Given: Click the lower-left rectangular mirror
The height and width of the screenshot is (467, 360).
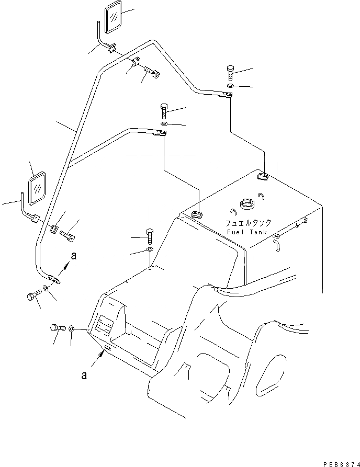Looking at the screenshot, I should coord(37,191).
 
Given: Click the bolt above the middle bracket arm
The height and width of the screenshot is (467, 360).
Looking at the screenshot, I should coord(163,111).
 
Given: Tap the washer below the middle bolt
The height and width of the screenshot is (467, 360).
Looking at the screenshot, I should coord(163,124).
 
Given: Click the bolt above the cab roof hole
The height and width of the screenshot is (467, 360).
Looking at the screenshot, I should coord(150,236).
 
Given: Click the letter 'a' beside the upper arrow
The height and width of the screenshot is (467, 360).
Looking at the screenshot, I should coord(74,256).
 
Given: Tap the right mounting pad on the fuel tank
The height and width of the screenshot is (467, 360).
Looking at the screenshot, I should coord(262,176).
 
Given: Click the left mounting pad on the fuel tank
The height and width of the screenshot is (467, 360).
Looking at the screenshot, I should coord(198,214).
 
